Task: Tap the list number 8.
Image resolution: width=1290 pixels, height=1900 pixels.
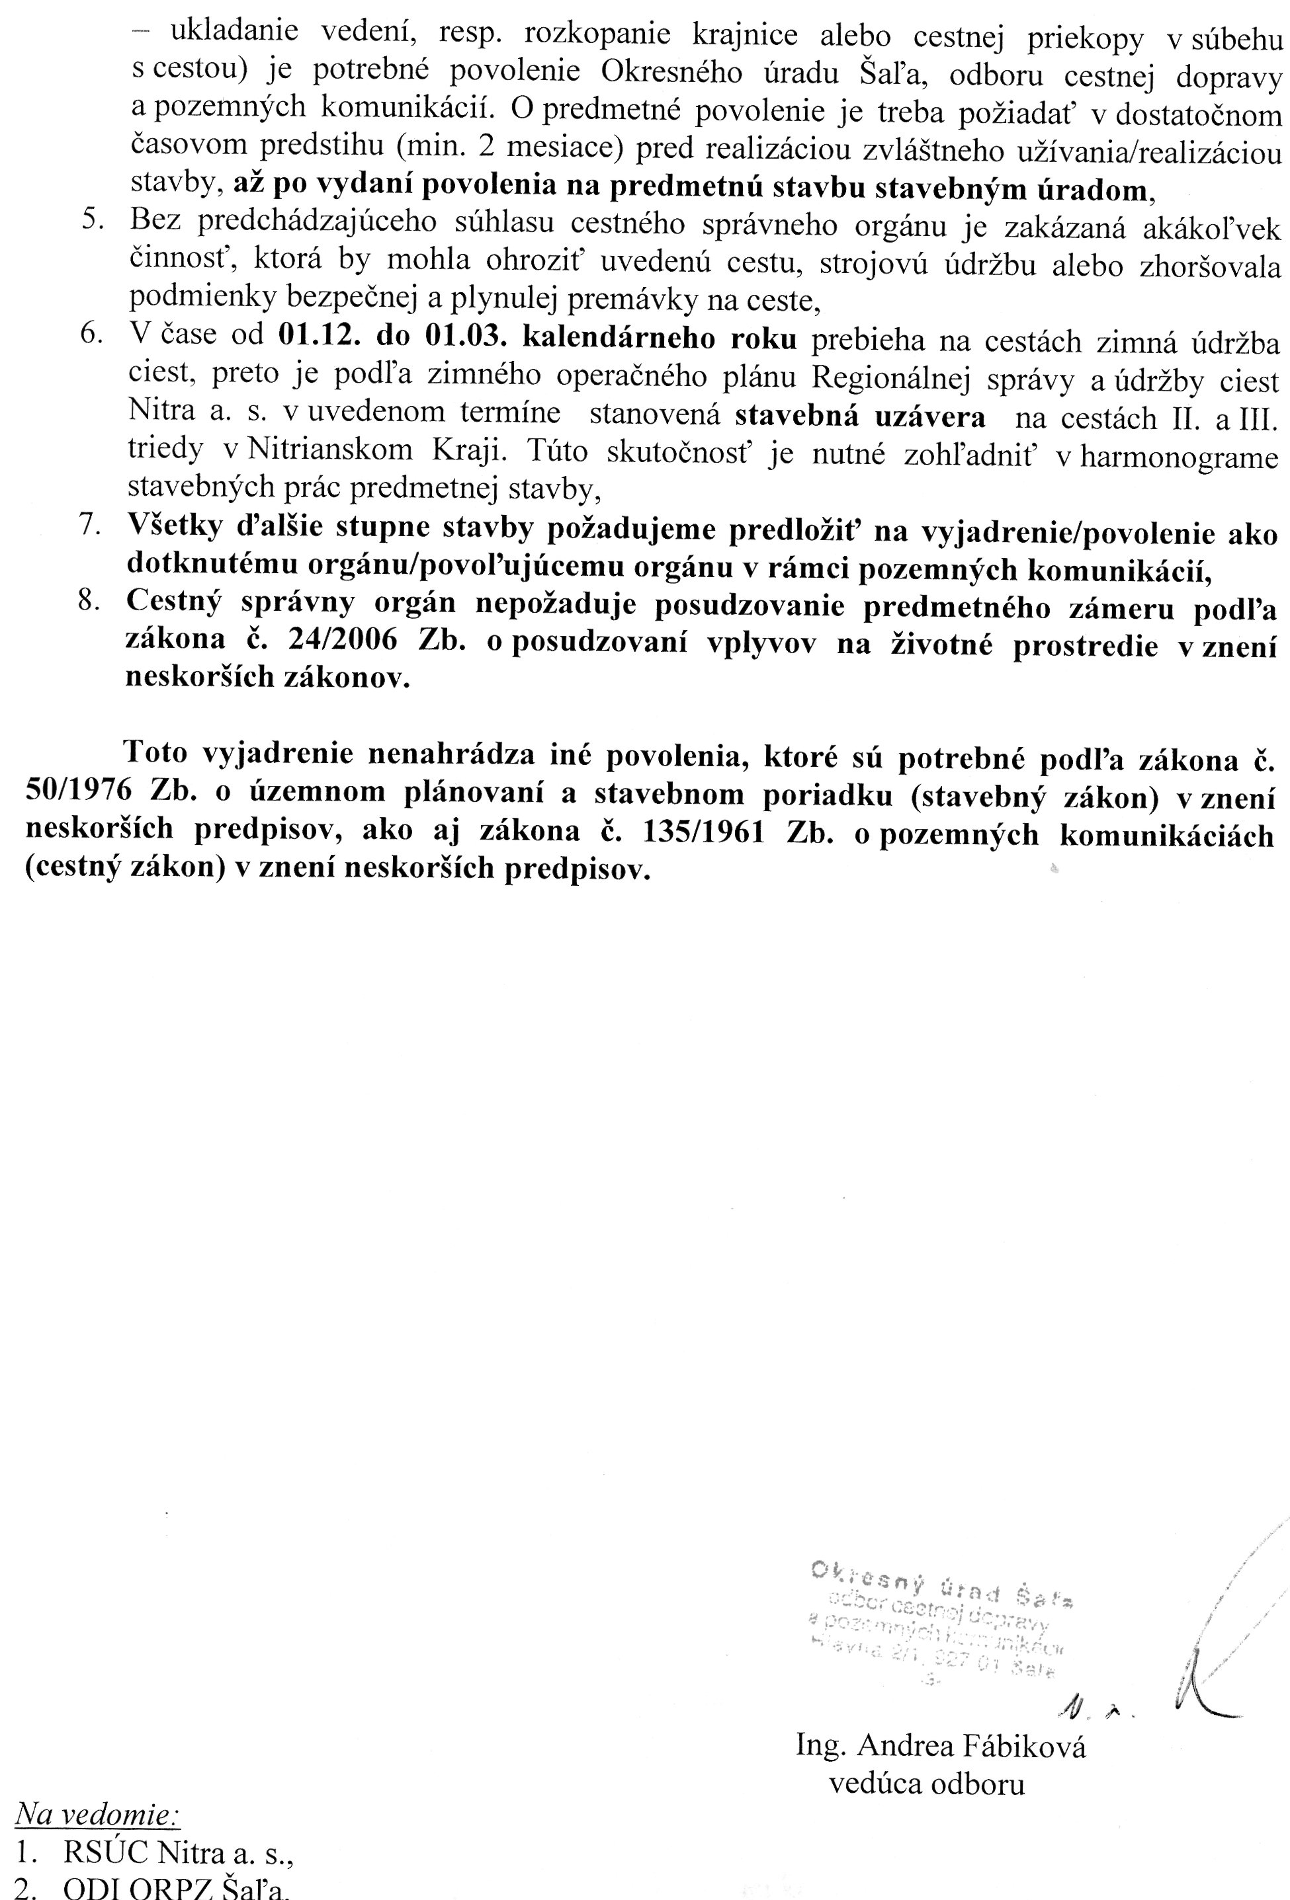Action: click(x=89, y=602)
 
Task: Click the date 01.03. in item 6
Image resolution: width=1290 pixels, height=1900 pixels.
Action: click(x=462, y=338)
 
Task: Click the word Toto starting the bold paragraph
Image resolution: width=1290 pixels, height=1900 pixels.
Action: click(x=156, y=752)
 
